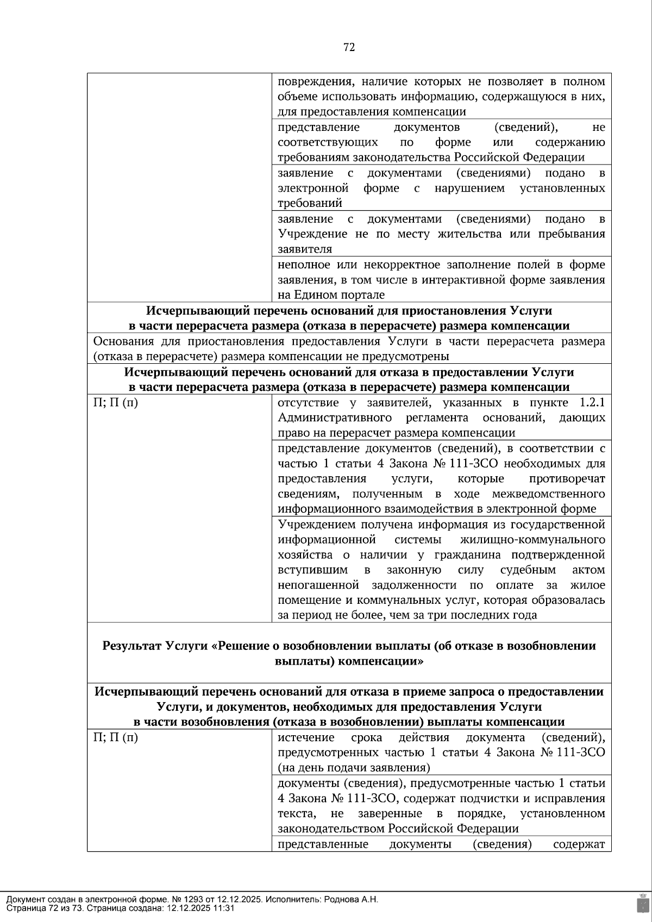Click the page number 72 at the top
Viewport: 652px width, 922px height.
[x=349, y=48]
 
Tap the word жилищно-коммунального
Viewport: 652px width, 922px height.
[x=532, y=540]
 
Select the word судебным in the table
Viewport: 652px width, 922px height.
[x=528, y=570]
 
